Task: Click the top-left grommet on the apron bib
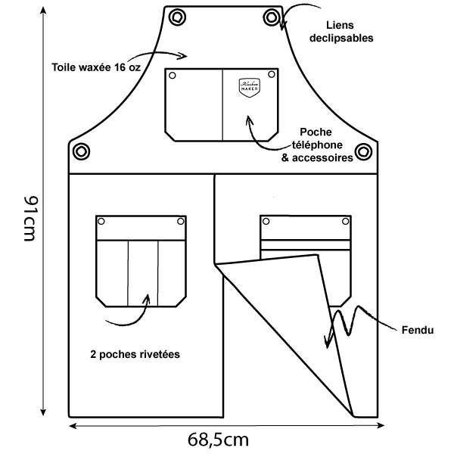coord(178,17)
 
